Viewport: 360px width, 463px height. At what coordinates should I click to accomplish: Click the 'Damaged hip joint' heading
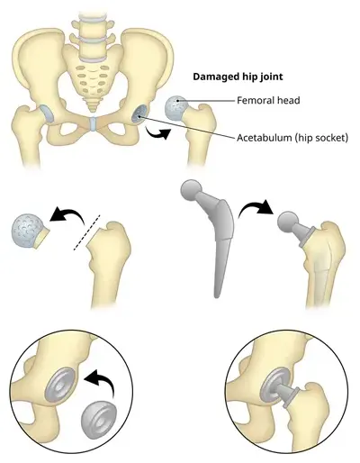tap(238, 77)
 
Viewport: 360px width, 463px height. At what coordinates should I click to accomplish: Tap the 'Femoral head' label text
tap(268, 100)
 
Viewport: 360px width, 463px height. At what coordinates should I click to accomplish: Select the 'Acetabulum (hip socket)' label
tap(292, 138)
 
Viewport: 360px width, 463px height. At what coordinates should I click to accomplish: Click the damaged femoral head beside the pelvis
tap(176, 107)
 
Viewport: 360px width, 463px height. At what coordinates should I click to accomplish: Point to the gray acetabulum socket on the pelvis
tap(139, 115)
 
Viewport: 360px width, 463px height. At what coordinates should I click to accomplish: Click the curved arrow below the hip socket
tap(158, 133)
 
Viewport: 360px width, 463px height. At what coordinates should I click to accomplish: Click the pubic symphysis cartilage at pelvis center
tap(93, 124)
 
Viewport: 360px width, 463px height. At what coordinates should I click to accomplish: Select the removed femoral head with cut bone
tap(29, 231)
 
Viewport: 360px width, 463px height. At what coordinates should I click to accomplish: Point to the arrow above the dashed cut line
tap(68, 215)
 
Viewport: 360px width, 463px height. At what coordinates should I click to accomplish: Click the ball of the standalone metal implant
tap(191, 190)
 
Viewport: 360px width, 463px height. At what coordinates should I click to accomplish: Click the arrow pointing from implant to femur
tap(256, 207)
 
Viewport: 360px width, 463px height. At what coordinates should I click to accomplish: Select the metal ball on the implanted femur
tap(287, 222)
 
